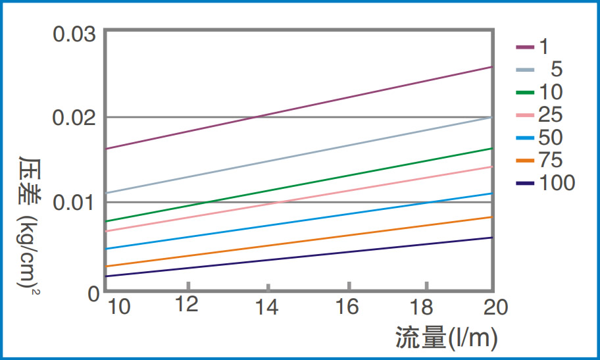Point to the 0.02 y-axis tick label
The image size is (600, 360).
click(74, 118)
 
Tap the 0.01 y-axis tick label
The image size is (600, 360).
click(74, 202)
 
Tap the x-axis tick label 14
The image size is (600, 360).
click(268, 307)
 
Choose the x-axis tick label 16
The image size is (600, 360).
click(347, 307)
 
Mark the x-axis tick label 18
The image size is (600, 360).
click(426, 307)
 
